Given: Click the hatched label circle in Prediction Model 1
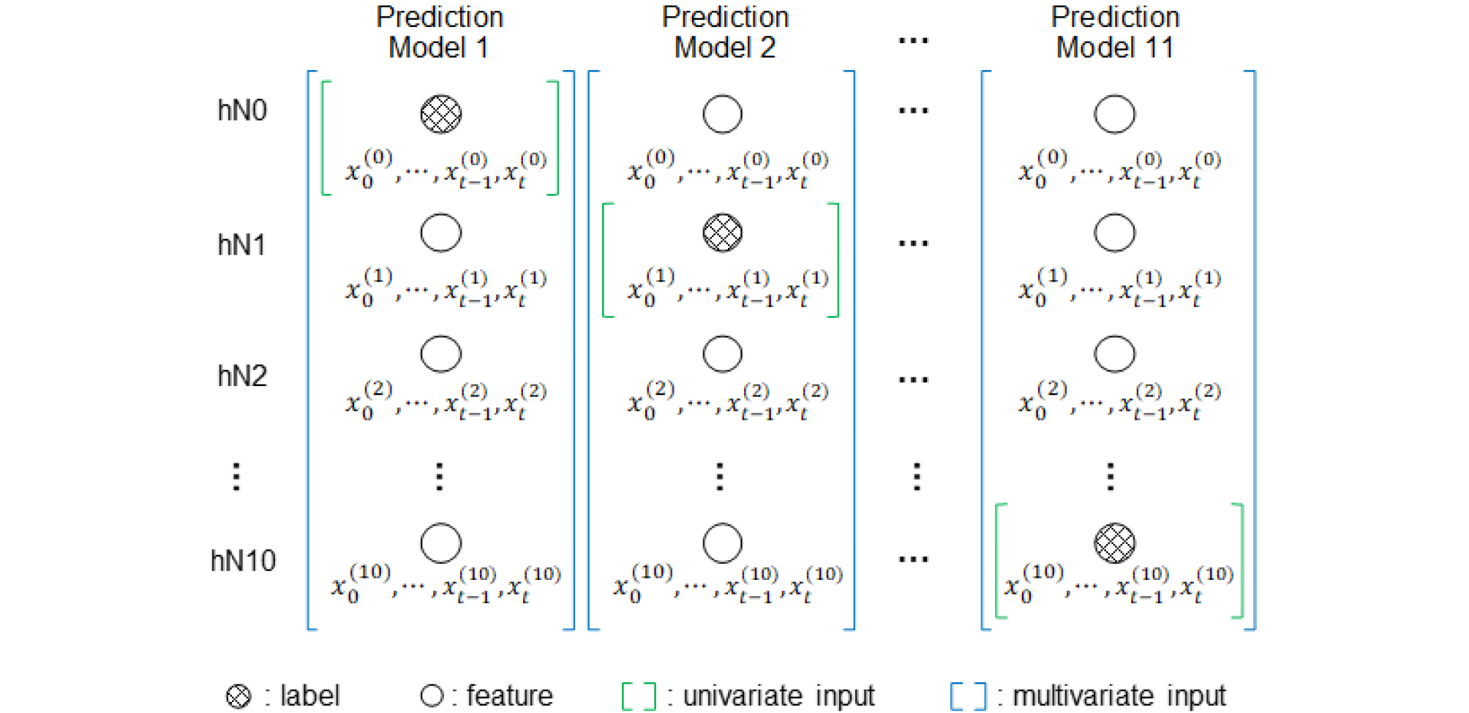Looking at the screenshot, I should point(441,114).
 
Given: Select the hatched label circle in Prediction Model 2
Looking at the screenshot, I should point(723,233).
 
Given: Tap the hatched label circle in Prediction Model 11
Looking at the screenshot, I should point(1114,543).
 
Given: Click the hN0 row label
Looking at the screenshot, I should point(242,110).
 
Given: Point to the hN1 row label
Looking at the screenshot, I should point(241,245).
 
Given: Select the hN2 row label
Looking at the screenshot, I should point(242,376).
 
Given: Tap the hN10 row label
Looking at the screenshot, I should point(243,561).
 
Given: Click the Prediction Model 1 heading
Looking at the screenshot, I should point(440,32).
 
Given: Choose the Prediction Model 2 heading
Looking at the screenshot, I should point(725,32).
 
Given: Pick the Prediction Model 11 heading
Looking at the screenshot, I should point(1115,32).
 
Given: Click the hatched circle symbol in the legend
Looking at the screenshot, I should point(238,696).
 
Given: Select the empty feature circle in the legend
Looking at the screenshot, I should point(432,695).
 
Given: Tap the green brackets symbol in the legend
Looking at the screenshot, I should point(638,696).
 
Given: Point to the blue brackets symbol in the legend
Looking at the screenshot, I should point(968,696).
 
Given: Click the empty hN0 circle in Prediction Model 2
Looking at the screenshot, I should point(723,114).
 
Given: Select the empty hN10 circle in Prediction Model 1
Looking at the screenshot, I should point(441,543).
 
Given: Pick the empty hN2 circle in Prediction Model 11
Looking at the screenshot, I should point(1114,354).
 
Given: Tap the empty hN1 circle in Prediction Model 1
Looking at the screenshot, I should point(441,233).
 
